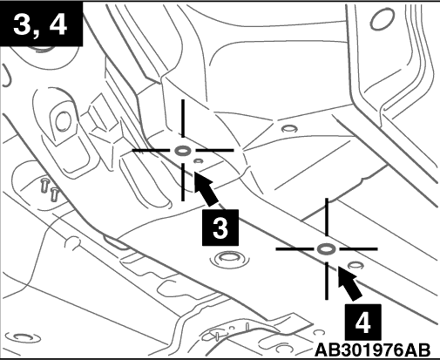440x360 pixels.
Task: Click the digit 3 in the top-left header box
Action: [22, 24]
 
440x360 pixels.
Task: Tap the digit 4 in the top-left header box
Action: [58, 24]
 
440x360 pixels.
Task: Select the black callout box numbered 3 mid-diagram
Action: [220, 228]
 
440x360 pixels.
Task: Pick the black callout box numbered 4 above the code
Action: [363, 322]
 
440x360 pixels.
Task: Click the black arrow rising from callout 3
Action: [206, 188]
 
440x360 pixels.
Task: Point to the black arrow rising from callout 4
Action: [349, 283]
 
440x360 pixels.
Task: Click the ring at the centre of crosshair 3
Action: [183, 151]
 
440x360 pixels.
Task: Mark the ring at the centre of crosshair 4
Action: [327, 249]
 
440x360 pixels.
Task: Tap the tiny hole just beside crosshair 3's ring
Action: [199, 160]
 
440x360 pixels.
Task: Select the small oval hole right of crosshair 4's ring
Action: [355, 265]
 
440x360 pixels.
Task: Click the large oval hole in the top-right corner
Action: [382, 19]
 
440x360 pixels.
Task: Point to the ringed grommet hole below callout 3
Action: [229, 258]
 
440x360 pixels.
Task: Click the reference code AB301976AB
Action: [373, 350]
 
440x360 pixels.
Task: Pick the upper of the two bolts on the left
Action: [44, 186]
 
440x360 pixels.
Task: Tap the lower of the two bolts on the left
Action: [54, 194]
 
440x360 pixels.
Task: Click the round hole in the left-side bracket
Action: [63, 122]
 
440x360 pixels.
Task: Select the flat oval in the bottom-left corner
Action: [24, 337]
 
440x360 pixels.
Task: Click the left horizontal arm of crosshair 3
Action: [151, 151]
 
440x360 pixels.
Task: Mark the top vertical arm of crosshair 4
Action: [327, 217]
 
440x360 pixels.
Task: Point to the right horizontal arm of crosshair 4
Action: [358, 249]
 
